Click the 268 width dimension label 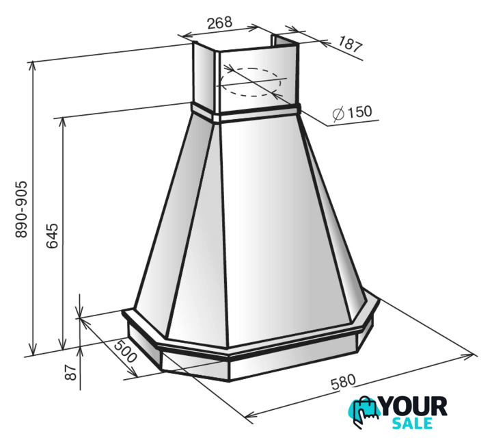[219, 23]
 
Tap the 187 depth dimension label [350, 44]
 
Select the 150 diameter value [359, 112]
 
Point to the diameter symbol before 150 [338, 114]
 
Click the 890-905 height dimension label [22, 209]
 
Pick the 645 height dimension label [52, 235]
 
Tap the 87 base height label [71, 372]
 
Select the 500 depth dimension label [125, 350]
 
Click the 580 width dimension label [343, 382]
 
